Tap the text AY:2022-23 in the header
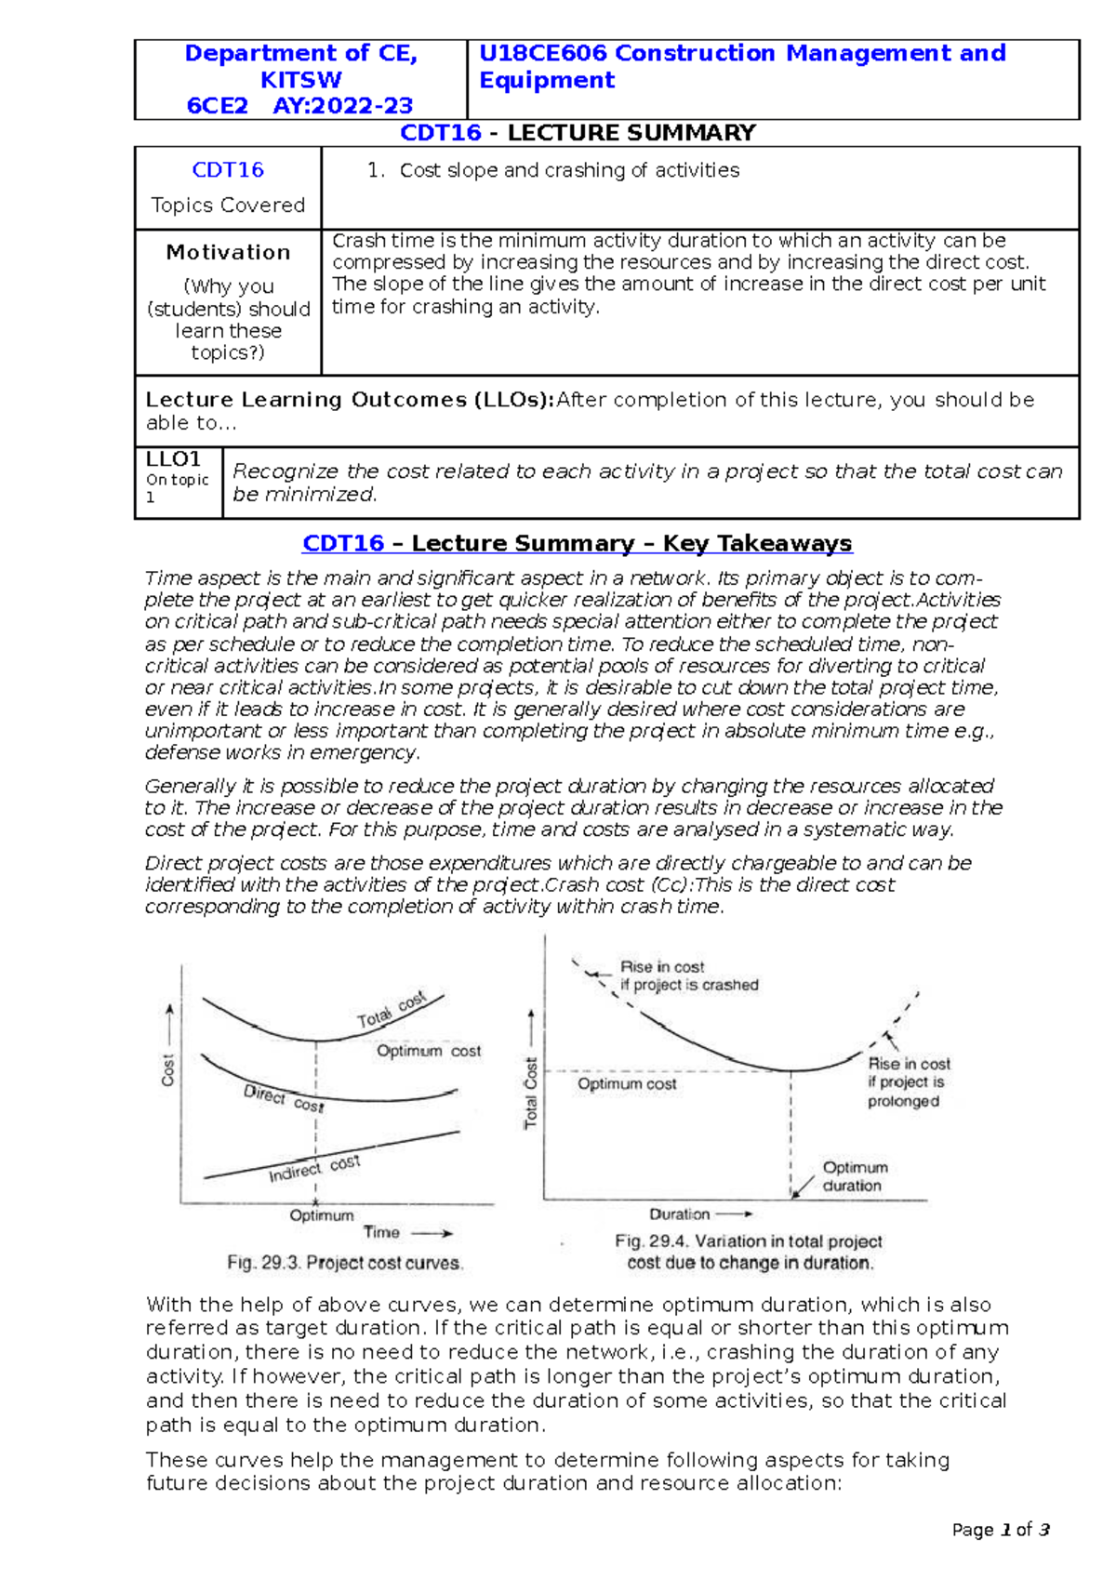click(342, 106)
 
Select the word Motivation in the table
click(228, 252)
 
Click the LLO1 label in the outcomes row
click(173, 459)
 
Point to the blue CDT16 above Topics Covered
click(228, 170)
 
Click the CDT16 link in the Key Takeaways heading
click(343, 544)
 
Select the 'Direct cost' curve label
click(284, 1098)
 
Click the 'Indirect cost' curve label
click(313, 1169)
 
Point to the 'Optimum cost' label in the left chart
click(429, 1051)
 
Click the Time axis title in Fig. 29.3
click(381, 1232)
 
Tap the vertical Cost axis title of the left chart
click(168, 1069)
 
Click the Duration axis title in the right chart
click(679, 1214)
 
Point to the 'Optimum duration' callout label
click(854, 1176)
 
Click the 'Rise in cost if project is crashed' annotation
click(688, 976)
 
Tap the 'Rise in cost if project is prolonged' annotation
click(908, 1082)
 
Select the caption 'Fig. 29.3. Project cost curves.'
click(345, 1263)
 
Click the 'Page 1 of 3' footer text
click(1001, 1530)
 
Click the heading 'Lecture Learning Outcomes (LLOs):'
click(350, 400)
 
